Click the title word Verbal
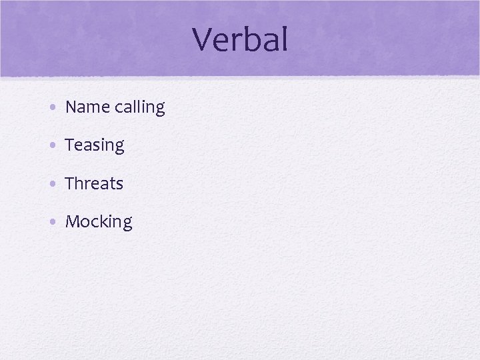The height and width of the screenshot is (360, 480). (x=240, y=40)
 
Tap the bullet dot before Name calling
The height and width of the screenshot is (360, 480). (x=53, y=107)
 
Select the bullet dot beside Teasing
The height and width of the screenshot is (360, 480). (x=53, y=145)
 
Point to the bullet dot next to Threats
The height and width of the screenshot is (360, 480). (x=53, y=183)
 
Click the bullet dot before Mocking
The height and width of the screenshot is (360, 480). (x=53, y=221)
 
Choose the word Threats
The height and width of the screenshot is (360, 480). (x=94, y=183)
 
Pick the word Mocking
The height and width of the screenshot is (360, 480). (x=99, y=222)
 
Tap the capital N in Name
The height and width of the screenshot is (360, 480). (x=71, y=107)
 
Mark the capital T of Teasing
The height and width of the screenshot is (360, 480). (x=69, y=145)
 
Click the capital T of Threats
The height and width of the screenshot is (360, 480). (x=69, y=183)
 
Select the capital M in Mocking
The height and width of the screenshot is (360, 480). (x=72, y=221)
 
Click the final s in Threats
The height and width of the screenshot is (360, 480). (x=120, y=185)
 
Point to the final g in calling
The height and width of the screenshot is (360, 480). (x=160, y=110)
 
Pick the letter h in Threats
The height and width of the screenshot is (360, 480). (x=79, y=183)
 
